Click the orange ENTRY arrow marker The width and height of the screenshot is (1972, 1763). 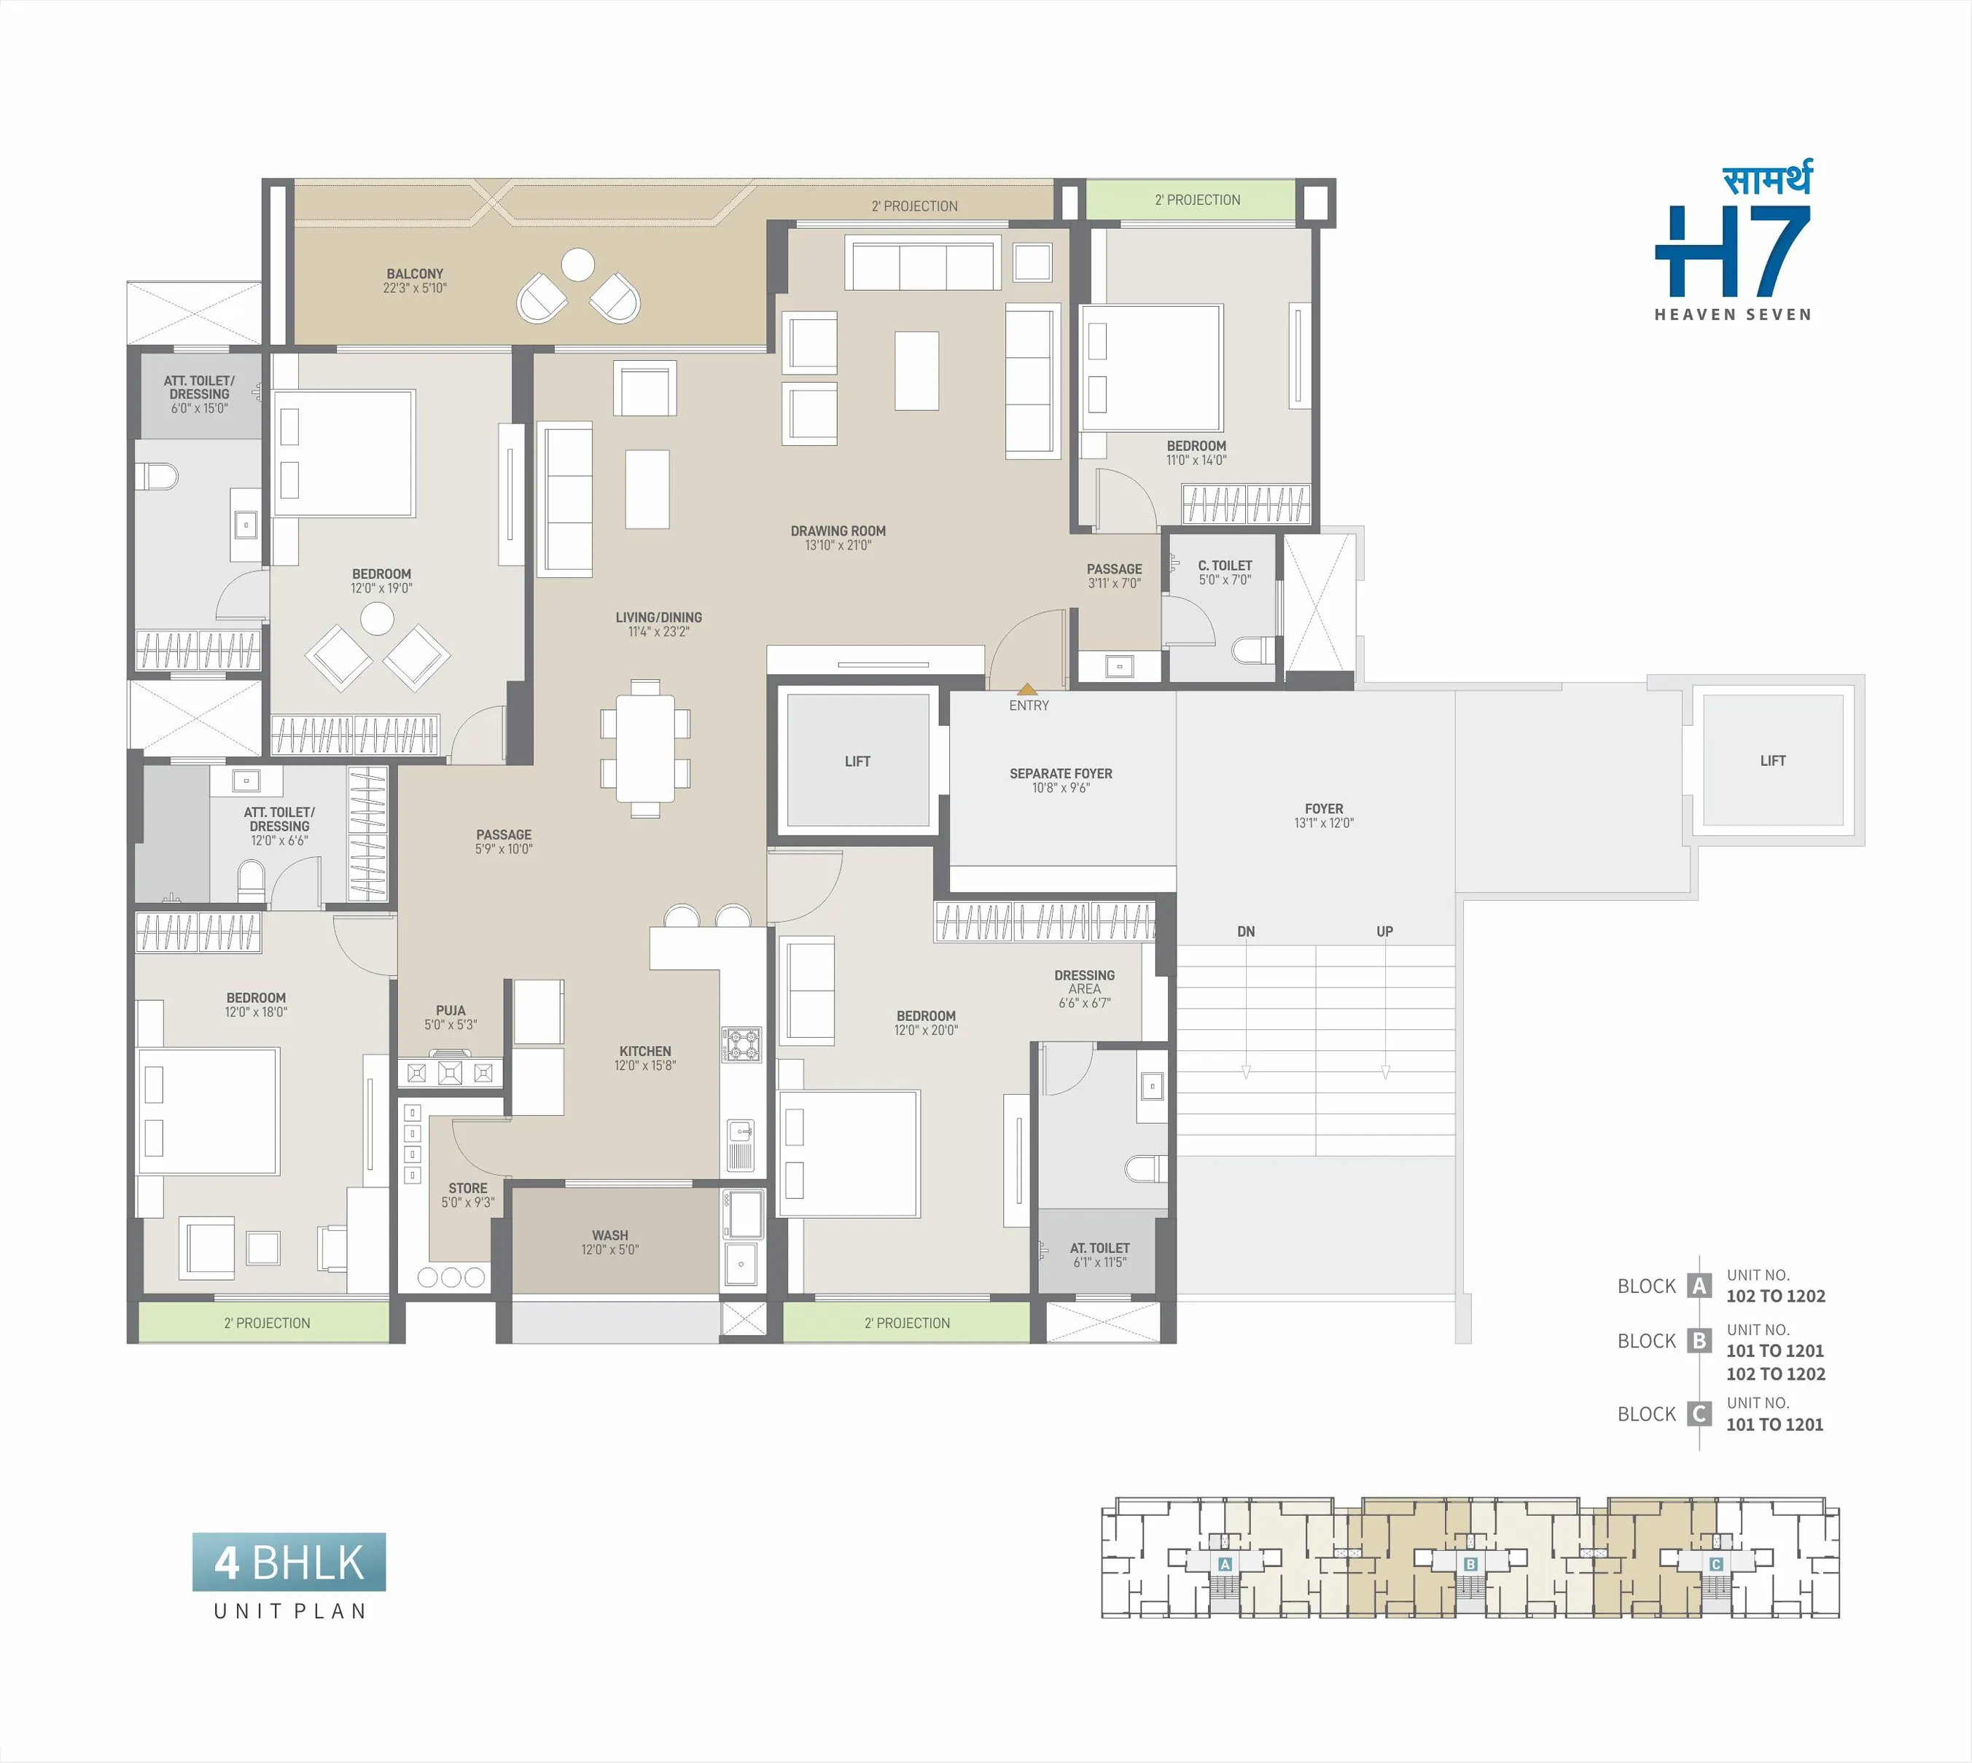point(1027,689)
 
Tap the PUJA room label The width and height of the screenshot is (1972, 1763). point(451,1010)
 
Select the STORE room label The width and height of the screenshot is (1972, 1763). point(468,1188)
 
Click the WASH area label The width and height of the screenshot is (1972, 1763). point(609,1235)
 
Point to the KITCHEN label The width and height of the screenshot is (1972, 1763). point(645,1051)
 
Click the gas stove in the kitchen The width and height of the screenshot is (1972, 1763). point(742,1044)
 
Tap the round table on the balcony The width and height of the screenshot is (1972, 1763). point(579,265)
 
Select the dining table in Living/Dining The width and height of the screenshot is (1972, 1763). point(645,748)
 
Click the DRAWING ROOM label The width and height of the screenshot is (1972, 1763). point(838,531)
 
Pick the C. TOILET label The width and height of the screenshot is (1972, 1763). point(1225,566)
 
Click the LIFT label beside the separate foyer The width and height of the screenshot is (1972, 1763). point(857,762)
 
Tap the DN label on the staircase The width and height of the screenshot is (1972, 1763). point(1246,932)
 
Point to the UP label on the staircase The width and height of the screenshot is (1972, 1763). point(1384,932)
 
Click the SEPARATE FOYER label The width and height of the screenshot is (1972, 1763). point(1061,774)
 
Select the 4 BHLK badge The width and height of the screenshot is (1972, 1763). point(289,1562)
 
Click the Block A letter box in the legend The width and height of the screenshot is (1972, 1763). point(1699,1286)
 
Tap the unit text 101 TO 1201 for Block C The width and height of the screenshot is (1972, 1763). point(1774,1424)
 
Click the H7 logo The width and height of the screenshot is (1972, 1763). point(1733,251)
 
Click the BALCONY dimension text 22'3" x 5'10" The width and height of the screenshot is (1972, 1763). point(415,288)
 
